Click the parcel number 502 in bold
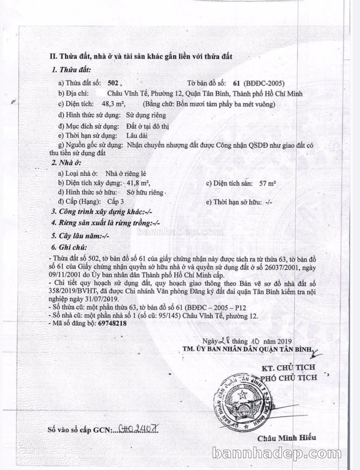[x=113, y=84]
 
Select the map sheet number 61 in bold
[x=237, y=84]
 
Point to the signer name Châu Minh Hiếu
[x=286, y=437]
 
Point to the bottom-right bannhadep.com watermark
[x=283, y=453]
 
